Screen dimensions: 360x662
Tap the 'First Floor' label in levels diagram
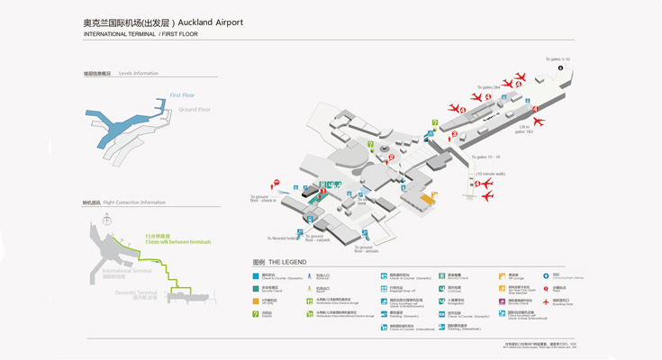pos(182,95)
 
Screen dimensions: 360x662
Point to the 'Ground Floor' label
pos(195,110)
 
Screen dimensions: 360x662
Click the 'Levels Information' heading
pos(138,74)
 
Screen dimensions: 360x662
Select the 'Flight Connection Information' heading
pos(134,202)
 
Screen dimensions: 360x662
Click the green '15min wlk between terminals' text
pos(178,242)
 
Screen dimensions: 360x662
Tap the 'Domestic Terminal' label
pos(135,292)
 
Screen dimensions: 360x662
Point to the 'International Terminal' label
pos(127,270)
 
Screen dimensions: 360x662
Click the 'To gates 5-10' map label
pos(558,59)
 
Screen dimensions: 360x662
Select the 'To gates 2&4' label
pos(490,87)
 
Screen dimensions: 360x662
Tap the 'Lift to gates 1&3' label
pos(525,130)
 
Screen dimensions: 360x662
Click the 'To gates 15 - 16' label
pos(485,157)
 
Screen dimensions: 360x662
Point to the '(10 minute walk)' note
pos(490,174)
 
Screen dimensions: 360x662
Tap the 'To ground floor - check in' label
pos(262,199)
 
